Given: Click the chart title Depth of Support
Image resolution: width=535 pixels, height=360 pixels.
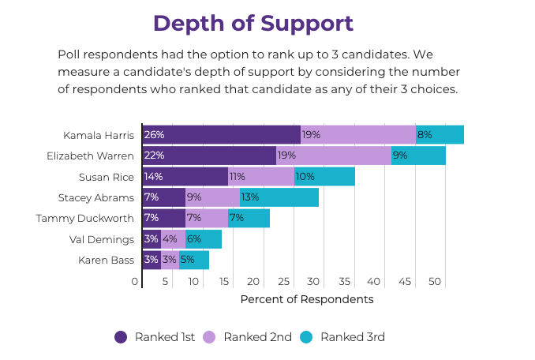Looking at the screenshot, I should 253,23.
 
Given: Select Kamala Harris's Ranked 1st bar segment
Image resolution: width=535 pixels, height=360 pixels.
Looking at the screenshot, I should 222,134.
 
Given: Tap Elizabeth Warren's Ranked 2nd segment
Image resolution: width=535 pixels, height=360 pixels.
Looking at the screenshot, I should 333,156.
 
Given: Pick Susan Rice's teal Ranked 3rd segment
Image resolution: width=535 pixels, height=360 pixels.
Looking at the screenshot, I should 324,176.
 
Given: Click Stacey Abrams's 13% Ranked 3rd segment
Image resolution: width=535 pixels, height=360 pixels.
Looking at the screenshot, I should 279,197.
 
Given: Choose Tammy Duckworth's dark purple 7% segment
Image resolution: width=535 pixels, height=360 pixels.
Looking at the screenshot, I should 164,218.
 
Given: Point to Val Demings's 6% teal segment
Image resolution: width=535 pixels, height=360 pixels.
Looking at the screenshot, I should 204,239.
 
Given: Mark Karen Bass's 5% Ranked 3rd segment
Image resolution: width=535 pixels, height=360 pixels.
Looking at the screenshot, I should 194,260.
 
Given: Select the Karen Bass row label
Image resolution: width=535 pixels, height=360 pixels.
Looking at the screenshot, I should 107,260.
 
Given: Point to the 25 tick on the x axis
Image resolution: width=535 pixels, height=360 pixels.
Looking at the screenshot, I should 283,281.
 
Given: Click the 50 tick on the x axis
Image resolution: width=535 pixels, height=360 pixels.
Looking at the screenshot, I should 435,281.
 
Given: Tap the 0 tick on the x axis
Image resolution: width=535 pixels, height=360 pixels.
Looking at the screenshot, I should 135,281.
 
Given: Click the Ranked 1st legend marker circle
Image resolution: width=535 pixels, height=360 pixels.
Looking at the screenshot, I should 121,337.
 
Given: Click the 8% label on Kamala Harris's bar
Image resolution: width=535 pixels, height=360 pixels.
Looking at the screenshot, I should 425,134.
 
